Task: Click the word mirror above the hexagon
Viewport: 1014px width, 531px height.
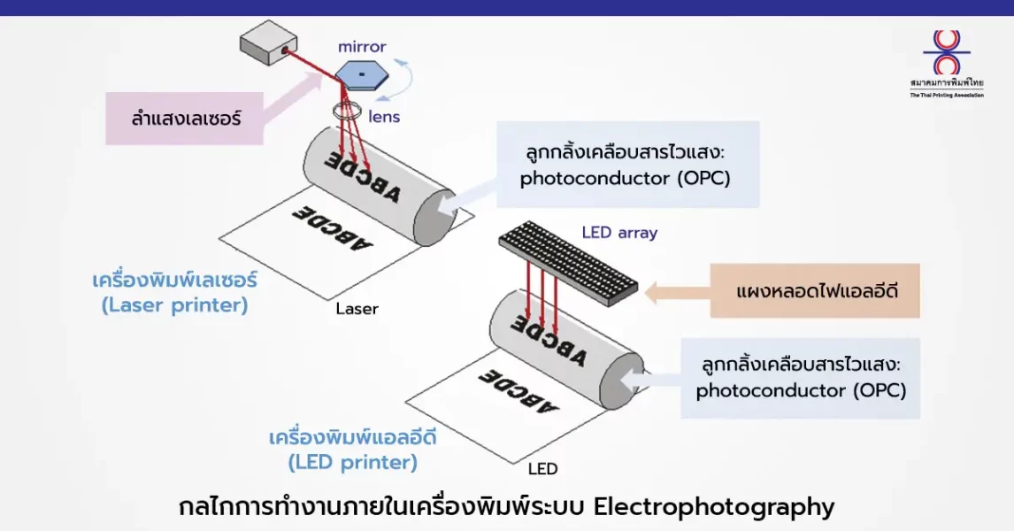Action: tap(362, 46)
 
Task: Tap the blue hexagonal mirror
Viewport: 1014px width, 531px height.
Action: tap(363, 74)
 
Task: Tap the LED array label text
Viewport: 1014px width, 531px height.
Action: tap(619, 233)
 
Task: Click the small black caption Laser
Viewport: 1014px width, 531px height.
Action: tap(357, 309)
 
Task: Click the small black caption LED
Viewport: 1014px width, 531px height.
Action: tap(542, 468)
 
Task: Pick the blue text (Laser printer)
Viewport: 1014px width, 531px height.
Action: tap(174, 306)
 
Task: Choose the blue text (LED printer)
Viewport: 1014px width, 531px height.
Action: tap(352, 462)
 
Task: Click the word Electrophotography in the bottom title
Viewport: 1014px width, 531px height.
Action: tap(713, 507)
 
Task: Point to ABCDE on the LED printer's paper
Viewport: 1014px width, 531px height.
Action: tap(520, 391)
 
